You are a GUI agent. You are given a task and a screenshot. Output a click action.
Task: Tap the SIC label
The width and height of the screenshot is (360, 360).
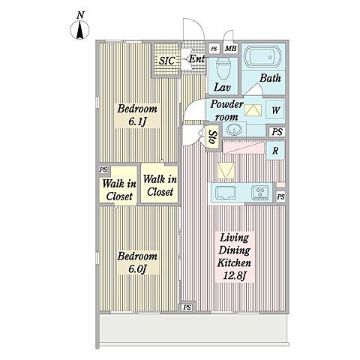[167, 61]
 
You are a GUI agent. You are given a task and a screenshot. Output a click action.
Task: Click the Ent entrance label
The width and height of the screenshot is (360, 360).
[196, 59]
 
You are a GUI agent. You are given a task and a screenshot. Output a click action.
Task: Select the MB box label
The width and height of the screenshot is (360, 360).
[230, 49]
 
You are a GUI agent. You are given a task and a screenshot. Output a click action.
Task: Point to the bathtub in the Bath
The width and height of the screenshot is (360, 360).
[262, 57]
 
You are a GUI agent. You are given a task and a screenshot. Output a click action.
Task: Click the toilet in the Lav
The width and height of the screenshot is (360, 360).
[223, 69]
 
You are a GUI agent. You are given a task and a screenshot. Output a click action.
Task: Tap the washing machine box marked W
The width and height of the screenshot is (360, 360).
[275, 109]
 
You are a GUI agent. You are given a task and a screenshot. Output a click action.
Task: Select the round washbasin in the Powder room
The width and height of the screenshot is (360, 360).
[234, 130]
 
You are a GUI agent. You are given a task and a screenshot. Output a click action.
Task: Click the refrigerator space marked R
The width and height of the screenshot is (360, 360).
[275, 151]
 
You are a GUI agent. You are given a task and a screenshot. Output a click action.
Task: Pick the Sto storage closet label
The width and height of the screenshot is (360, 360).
[213, 137]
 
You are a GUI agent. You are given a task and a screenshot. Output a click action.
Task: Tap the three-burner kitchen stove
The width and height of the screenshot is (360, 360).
[260, 193]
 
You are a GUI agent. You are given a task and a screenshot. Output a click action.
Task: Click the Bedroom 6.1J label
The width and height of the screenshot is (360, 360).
[137, 115]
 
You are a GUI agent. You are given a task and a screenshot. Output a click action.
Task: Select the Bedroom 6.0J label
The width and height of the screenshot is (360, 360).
[137, 262]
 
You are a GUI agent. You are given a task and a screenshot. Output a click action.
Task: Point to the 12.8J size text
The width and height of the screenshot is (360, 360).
[235, 275]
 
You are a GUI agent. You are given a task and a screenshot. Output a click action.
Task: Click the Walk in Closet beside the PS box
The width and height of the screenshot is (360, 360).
[119, 190]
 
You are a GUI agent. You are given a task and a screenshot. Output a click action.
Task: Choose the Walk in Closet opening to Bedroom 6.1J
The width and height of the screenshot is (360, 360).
[160, 185]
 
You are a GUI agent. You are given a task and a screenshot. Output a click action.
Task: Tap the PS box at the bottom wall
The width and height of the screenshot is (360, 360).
[187, 307]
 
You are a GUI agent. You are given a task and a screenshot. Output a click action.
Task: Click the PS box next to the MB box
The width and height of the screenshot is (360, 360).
[214, 49]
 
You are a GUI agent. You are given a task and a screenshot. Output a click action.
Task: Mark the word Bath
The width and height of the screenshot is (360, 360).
[270, 78]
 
